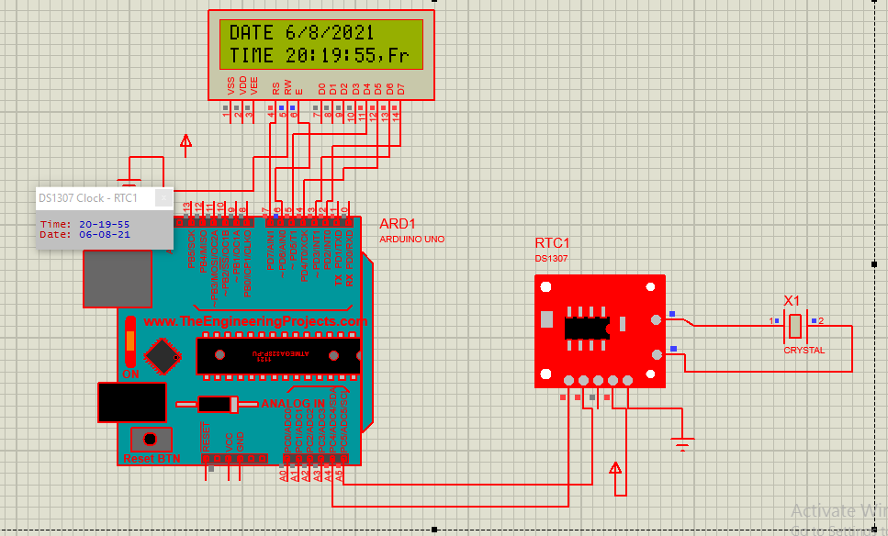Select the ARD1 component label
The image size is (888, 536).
398,225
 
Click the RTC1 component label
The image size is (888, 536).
553,243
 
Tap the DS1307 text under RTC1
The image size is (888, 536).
552,259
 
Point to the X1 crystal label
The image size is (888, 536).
792,301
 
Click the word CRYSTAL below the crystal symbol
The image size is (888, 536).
804,351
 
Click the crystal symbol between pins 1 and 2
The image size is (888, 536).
796,324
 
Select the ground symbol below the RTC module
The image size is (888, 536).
681,445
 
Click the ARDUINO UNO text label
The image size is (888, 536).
411,240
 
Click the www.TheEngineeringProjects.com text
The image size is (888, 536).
254,321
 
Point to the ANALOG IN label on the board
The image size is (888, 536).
293,404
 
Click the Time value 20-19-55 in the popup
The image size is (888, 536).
104,224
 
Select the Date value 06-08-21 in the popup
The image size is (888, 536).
104,234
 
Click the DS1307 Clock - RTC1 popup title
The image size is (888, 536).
88,197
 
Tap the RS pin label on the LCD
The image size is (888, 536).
275,88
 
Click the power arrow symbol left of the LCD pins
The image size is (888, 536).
186,142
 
